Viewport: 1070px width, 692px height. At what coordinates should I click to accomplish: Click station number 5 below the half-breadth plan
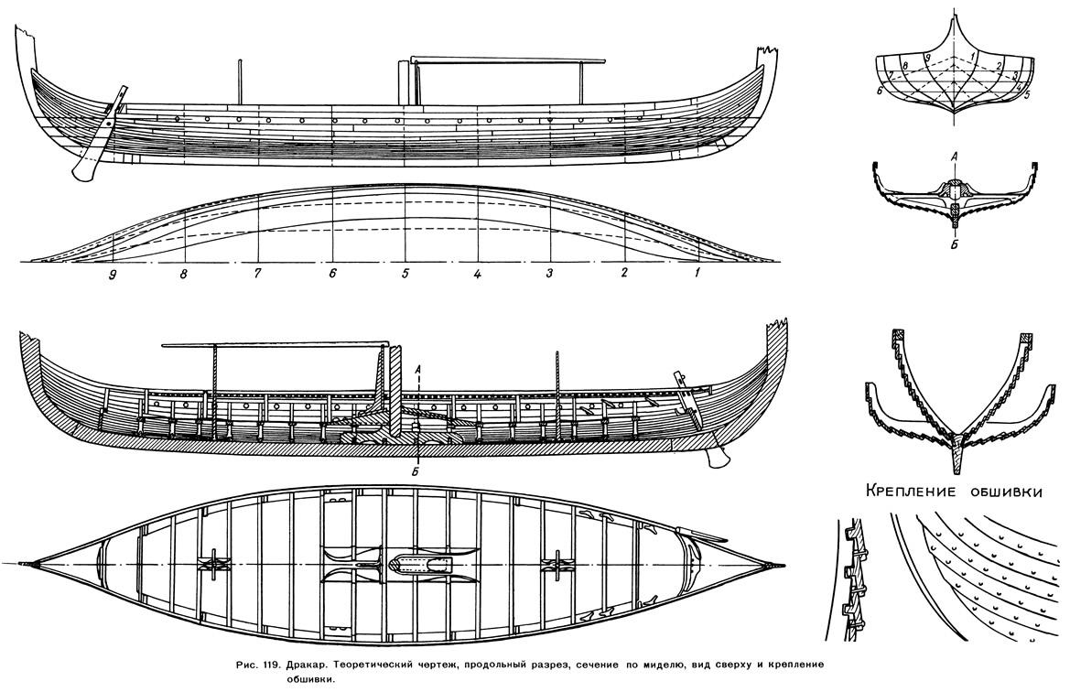pos(405,275)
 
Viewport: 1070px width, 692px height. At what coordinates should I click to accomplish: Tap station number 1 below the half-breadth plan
pos(697,273)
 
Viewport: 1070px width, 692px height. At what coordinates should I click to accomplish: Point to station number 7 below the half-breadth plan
pos(257,275)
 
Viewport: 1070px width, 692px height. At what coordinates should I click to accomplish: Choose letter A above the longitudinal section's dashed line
pos(418,369)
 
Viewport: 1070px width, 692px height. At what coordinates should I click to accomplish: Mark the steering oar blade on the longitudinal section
pos(716,457)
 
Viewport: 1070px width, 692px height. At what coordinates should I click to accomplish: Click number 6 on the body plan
pos(881,89)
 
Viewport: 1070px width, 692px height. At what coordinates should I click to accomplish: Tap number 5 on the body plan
pos(1026,96)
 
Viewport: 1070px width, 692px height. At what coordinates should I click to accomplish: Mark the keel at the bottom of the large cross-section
pos(959,454)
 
